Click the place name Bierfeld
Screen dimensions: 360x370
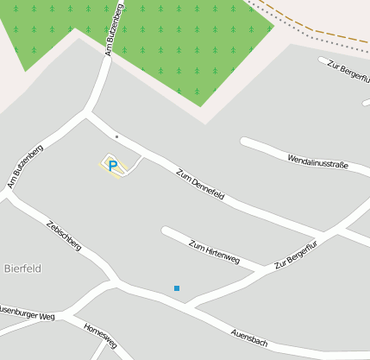[22, 268]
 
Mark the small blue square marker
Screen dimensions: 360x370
[177, 287]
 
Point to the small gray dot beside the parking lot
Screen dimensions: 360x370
[116, 136]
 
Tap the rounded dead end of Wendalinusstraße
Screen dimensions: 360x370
[246, 141]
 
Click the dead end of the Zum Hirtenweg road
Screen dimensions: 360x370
[166, 231]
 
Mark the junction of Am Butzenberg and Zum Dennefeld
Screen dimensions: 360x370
[88, 111]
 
